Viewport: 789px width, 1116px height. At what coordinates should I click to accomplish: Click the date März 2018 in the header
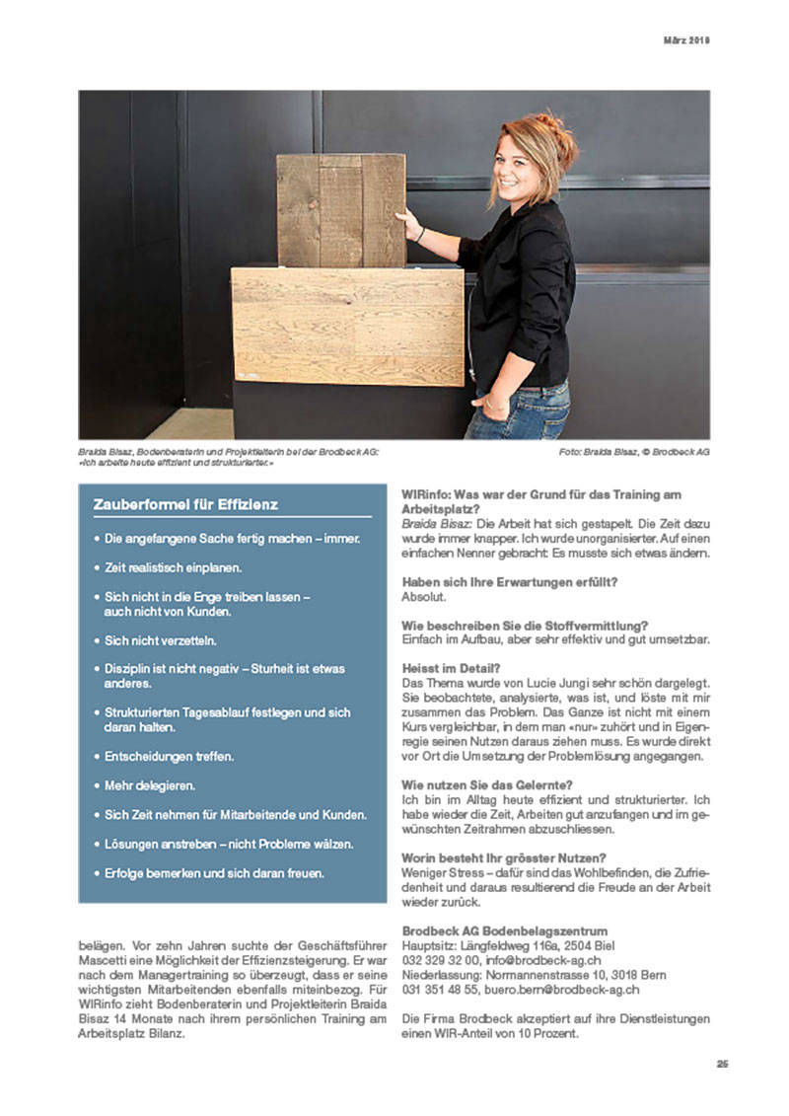tap(684, 40)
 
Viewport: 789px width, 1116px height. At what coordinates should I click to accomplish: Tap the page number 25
tap(722, 1063)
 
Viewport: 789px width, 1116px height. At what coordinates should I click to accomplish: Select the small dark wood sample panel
tap(340, 209)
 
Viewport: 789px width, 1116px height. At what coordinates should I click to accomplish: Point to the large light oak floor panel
tap(346, 326)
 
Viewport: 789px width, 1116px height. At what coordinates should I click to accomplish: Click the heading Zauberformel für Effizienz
tap(185, 504)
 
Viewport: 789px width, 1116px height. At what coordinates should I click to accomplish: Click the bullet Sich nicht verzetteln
tap(161, 640)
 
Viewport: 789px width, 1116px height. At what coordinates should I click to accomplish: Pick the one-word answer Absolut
tap(424, 597)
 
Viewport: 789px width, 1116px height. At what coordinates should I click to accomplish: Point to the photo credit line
tap(633, 452)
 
